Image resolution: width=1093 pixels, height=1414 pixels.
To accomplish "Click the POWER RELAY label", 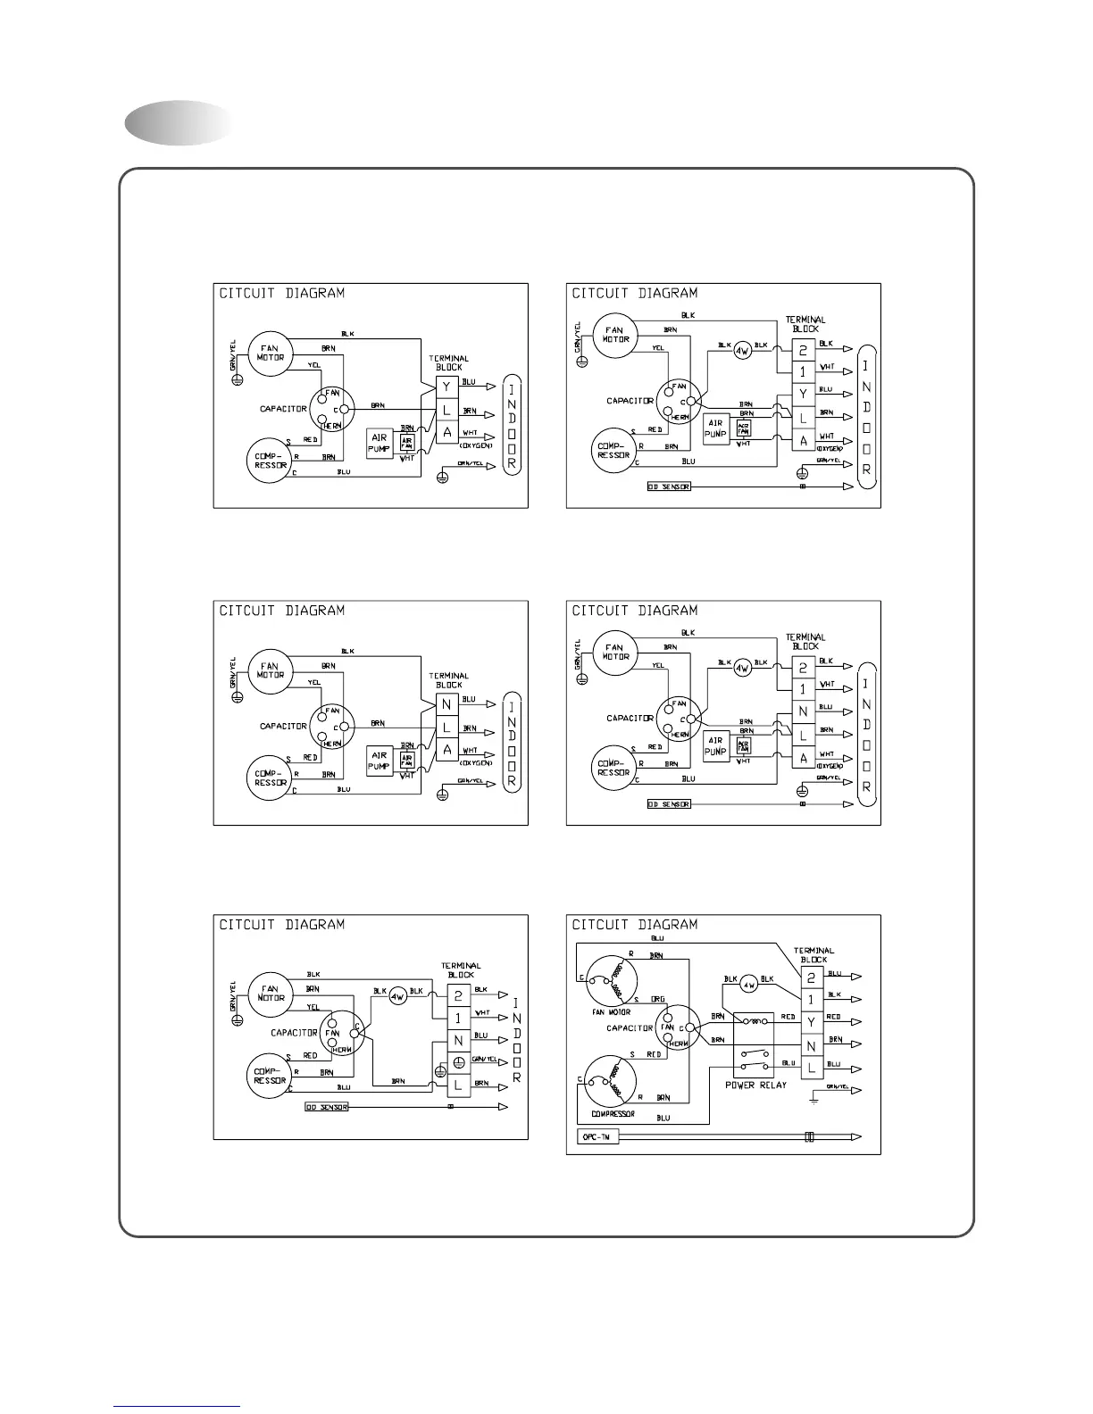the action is click(755, 1085).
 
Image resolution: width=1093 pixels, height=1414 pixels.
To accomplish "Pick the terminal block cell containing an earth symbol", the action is click(458, 1062).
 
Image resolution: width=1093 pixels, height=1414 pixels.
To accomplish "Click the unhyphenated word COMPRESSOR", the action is click(613, 1114).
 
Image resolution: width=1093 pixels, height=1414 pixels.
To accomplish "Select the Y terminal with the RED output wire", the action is click(811, 1020).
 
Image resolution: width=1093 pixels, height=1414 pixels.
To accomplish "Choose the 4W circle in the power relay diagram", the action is click(750, 985).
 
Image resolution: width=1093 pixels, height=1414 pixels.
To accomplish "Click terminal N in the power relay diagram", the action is click(811, 1044).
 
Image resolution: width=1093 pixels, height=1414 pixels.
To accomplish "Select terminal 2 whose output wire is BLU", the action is click(811, 977).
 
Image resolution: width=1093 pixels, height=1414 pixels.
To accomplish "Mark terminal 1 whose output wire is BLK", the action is click(811, 999).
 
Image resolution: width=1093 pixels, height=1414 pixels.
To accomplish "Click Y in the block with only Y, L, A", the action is click(447, 387).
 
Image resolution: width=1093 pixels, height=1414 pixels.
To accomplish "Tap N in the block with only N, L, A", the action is click(447, 704).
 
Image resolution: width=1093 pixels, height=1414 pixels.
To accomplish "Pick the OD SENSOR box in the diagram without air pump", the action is click(325, 1107).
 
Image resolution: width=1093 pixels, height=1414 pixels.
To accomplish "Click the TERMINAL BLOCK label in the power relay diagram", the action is click(813, 954).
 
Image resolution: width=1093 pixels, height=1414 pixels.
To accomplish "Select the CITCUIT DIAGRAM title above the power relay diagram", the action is click(634, 925).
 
